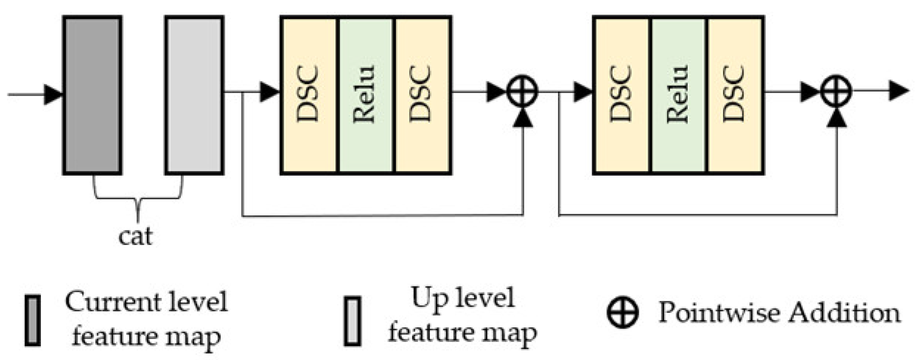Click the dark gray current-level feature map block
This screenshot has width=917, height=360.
[x=92, y=95]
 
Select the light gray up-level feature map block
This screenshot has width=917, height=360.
[x=194, y=95]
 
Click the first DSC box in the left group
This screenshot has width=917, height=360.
[x=309, y=95]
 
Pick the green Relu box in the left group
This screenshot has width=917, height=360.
[x=365, y=95]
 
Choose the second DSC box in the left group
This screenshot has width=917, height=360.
[x=422, y=95]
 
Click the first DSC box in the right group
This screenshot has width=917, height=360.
[x=622, y=95]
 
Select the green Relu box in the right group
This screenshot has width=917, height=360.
[x=678, y=95]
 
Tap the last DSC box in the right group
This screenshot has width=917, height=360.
[x=735, y=95]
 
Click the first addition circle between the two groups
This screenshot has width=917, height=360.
[x=522, y=91]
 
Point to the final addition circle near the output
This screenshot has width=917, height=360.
[x=836, y=91]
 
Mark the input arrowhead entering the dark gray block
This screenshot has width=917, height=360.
[x=53, y=94]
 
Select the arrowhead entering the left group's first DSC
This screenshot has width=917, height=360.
[x=269, y=91]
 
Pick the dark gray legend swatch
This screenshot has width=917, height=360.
[x=32, y=321]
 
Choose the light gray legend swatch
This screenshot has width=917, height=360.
[x=352, y=321]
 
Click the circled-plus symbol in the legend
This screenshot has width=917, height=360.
[x=623, y=312]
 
